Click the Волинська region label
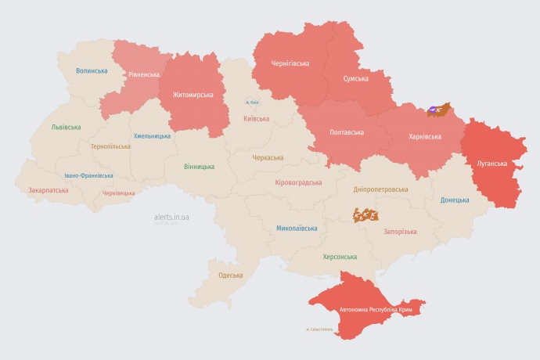[92, 71]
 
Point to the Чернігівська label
[290, 63]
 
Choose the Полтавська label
[347, 131]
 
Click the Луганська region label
[492, 164]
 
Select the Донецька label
[455, 200]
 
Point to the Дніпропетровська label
[380, 189]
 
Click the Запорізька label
[400, 232]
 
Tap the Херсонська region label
[340, 257]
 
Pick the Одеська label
[230, 275]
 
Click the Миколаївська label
[297, 229]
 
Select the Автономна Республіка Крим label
[376, 311]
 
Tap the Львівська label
[66, 127]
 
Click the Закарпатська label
[48, 190]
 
